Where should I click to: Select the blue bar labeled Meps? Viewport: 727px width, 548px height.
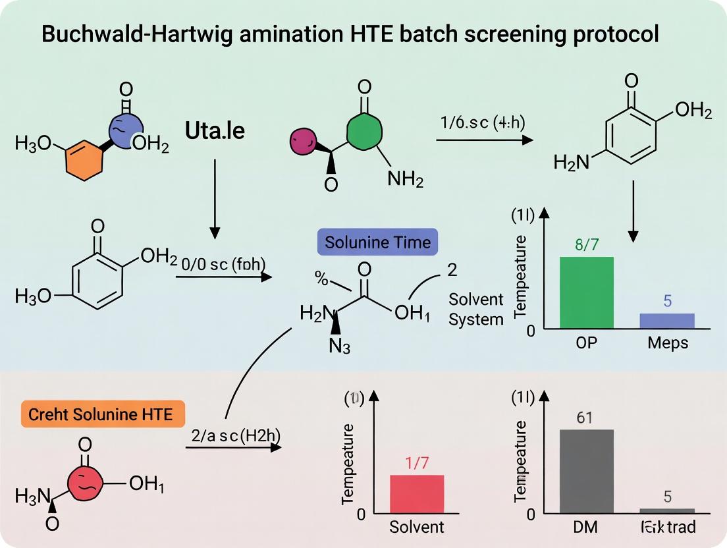[x=666, y=320]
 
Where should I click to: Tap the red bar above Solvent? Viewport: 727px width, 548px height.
[x=417, y=493]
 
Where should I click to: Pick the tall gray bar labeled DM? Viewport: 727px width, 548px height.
[x=586, y=470]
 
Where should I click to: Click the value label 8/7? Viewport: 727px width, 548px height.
[x=586, y=245]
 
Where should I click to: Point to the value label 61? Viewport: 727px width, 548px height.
[x=586, y=417]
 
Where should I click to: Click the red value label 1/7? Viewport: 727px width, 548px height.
[x=417, y=463]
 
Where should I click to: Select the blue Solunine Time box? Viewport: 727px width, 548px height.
[x=377, y=242]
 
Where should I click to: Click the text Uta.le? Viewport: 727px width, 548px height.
[x=215, y=130]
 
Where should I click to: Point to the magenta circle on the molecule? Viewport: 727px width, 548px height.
[x=304, y=140]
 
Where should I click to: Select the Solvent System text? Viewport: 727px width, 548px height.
[x=476, y=309]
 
